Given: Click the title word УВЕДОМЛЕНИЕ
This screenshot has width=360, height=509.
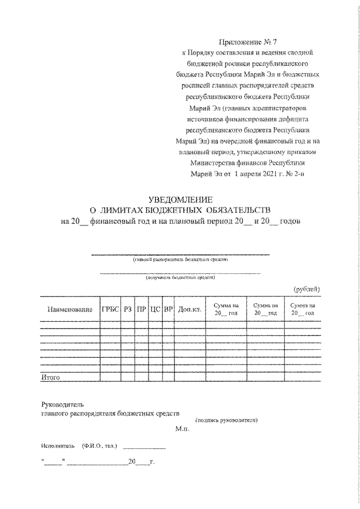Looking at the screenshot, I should point(181,200).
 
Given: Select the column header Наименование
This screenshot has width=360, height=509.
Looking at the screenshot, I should point(70,309).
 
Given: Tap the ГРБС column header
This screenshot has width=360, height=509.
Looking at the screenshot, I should point(111,309).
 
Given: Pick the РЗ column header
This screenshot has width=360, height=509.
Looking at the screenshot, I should point(129,309).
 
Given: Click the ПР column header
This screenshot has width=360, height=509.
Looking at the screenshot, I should point(142,309).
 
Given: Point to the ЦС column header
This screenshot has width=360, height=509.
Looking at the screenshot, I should point(155,309).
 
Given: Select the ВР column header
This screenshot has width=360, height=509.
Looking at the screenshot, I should point(168,309).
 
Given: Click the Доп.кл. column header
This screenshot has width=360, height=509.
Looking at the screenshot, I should point(190,309).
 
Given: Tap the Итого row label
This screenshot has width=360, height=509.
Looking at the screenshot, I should point(51,377).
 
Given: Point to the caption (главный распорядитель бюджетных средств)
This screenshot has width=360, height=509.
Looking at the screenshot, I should point(181,260).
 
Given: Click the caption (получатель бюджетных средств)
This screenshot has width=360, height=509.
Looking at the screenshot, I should point(180,277).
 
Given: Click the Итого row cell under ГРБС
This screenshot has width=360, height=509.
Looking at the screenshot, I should point(111,377).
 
